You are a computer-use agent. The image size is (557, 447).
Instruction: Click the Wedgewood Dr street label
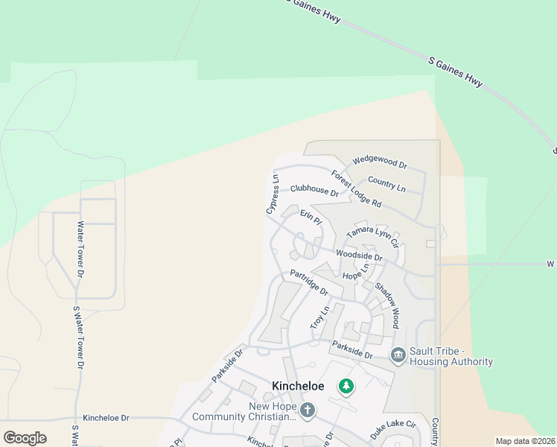tap(380, 162)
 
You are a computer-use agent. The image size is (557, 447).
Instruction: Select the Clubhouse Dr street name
tap(313, 191)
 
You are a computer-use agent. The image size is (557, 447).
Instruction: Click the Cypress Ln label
tap(273, 195)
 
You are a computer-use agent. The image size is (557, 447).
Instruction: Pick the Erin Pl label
tap(311, 218)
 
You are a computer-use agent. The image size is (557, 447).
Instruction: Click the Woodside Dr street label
tap(358, 256)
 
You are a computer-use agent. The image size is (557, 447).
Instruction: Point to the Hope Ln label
tap(355, 272)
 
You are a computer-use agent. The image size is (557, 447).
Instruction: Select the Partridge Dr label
tap(309, 282)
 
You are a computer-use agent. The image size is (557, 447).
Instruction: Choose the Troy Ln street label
tap(319, 319)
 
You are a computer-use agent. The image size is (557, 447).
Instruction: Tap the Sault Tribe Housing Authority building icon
tap(398, 356)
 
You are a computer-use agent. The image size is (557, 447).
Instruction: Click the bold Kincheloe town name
tap(298, 386)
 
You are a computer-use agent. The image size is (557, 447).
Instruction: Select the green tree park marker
tap(345, 386)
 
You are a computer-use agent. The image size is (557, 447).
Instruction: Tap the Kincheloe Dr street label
tap(106, 418)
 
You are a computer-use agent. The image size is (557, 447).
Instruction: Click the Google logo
tap(25, 438)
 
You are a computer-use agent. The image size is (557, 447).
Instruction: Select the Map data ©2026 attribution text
tap(525, 441)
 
